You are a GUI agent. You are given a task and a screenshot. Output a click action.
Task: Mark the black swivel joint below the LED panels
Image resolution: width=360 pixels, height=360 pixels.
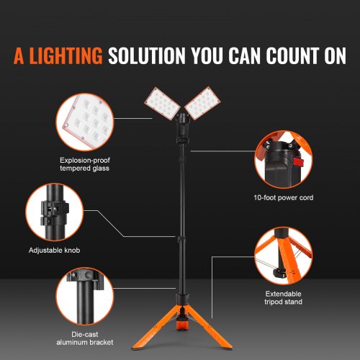180,130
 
